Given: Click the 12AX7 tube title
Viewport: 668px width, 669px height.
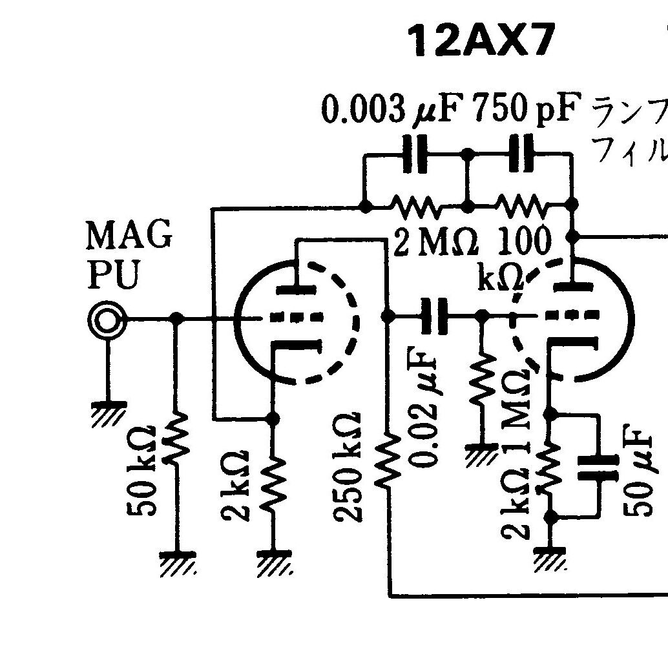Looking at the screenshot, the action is (481, 41).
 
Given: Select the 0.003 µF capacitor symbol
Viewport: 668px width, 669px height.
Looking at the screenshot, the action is (415, 154).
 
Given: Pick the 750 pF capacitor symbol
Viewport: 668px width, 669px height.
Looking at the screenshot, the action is (521, 153).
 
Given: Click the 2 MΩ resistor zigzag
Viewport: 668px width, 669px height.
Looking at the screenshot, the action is (415, 206).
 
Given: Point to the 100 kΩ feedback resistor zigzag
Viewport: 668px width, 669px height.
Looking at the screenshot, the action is (521, 205).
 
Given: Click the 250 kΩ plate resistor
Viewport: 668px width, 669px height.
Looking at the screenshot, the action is (388, 461).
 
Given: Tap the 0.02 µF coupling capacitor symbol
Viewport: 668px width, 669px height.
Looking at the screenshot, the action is (434, 316).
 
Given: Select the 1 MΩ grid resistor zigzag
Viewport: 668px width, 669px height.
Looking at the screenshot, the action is (483, 380).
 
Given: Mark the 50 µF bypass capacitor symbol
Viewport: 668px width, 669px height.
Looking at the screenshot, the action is (598, 468).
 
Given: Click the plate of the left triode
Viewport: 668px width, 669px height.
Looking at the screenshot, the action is (297, 290).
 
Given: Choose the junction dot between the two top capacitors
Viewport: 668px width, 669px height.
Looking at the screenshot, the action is (468, 153).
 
